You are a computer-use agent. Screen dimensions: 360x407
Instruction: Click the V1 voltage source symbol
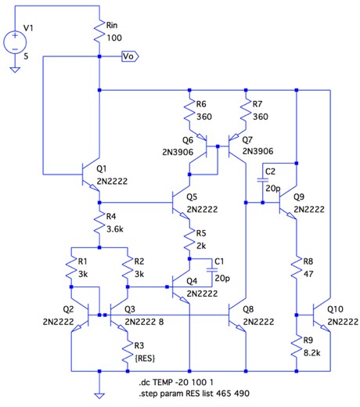pos(15,42)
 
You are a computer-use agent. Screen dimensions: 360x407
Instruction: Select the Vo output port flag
pos(130,56)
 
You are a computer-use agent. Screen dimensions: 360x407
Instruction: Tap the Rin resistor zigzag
pos(99,31)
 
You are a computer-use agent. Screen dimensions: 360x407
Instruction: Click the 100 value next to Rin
pos(114,38)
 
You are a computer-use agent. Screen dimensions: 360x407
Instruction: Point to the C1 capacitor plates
pos(212,270)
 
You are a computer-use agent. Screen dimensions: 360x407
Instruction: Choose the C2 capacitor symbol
pos(263,180)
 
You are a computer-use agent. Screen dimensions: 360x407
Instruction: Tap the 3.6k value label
pos(115,229)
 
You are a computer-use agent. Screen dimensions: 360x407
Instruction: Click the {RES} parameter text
pos(145,358)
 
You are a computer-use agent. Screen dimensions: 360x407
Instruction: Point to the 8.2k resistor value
pos(312,353)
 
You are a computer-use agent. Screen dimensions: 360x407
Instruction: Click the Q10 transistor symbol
pos(322,315)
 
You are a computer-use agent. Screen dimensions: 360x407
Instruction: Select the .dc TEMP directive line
pos(176,383)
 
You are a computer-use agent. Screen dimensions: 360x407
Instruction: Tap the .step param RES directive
pos(194,393)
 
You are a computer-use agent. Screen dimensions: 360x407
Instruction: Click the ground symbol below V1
pos(15,70)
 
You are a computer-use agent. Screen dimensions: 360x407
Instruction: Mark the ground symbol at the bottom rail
pos(99,396)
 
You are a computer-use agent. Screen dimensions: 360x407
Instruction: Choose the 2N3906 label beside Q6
pos(178,152)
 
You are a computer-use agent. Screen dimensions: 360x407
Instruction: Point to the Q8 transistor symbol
pos(237,315)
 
